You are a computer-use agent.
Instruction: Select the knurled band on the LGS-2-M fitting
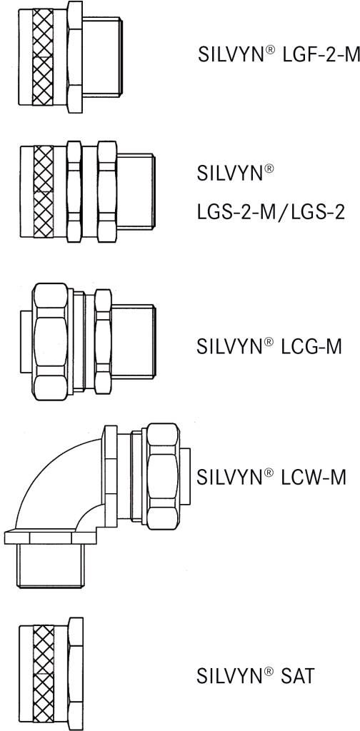(x=45, y=192)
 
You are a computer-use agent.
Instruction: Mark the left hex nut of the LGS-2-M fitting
(x=74, y=192)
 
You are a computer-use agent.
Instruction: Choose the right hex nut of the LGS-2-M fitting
(x=106, y=192)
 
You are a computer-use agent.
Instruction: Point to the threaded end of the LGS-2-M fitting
(x=136, y=192)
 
